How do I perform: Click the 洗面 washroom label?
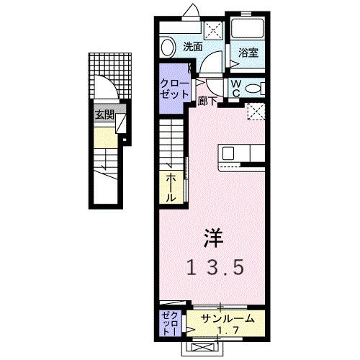[192, 46]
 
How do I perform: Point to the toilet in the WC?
[252, 88]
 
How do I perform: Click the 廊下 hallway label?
[208, 102]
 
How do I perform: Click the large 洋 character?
[212, 236]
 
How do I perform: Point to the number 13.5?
[216, 267]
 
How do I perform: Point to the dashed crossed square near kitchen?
[256, 112]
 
